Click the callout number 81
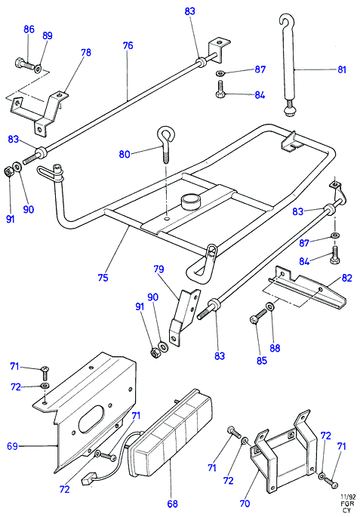[342, 69]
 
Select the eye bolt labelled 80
[166, 144]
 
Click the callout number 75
[103, 277]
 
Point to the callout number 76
[128, 45]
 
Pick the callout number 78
[86, 52]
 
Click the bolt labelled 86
[25, 64]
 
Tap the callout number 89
[48, 35]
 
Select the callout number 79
[158, 269]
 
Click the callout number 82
[347, 278]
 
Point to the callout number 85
[261, 360]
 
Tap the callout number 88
[275, 348]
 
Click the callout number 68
[172, 504]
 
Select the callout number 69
[12, 447]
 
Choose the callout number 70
[245, 503]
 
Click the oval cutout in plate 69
[91, 419]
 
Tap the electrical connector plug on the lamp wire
[88, 480]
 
